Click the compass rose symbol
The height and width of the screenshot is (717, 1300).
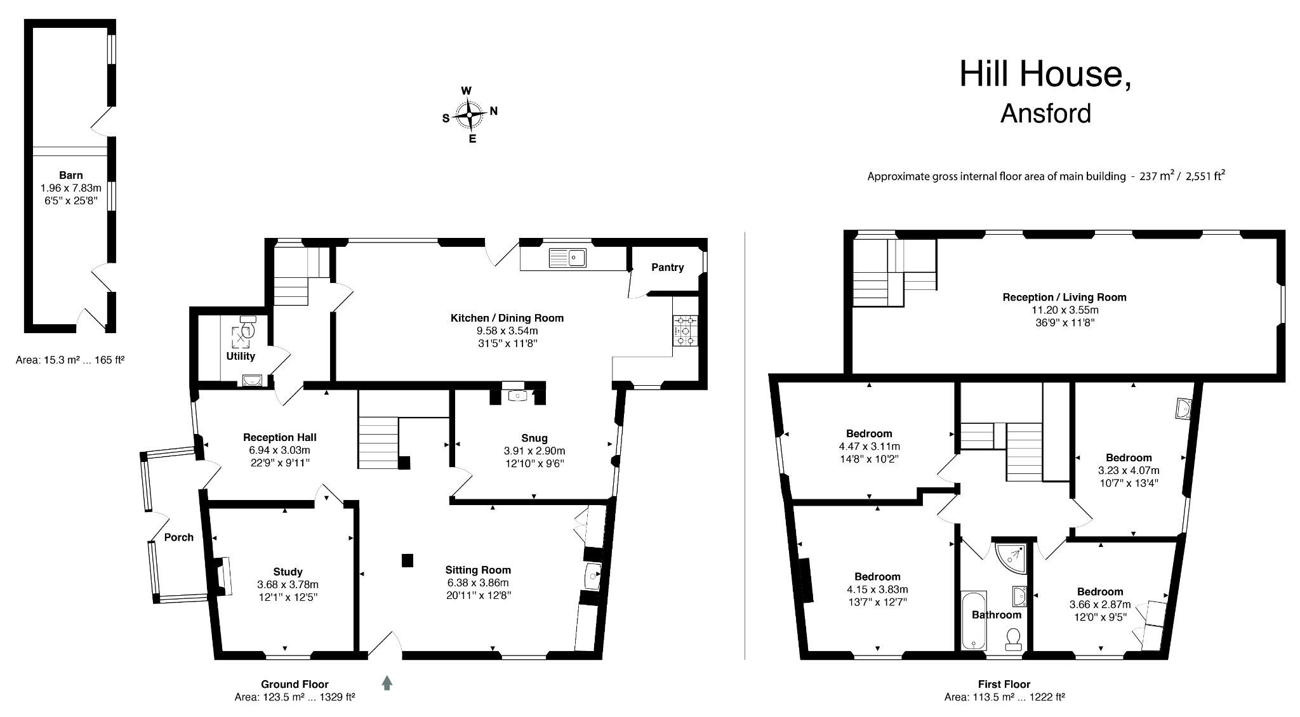pos(470,115)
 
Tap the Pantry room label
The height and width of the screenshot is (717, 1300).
pos(667,268)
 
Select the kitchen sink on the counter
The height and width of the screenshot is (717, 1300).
pos(568,258)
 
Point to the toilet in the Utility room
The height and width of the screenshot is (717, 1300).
pos(248,326)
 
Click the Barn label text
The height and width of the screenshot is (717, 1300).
pos(71,175)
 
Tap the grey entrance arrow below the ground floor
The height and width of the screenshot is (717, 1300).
pos(387,683)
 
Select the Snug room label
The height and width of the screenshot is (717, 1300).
pos(534,438)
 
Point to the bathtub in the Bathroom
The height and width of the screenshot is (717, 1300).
pos(973,621)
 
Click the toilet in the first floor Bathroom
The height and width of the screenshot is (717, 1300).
pos(1013,638)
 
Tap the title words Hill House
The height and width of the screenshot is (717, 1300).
pos(1045,74)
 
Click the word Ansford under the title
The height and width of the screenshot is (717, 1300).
pos(1045,114)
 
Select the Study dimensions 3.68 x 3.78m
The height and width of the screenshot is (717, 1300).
pos(288,584)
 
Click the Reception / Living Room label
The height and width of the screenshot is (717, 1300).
pos(1064,297)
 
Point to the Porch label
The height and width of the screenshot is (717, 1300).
pos(179,537)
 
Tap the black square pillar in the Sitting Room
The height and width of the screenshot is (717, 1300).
pos(408,560)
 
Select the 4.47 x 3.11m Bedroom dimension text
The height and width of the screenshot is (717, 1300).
pos(869,446)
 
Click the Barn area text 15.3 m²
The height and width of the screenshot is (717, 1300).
pos(69,360)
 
